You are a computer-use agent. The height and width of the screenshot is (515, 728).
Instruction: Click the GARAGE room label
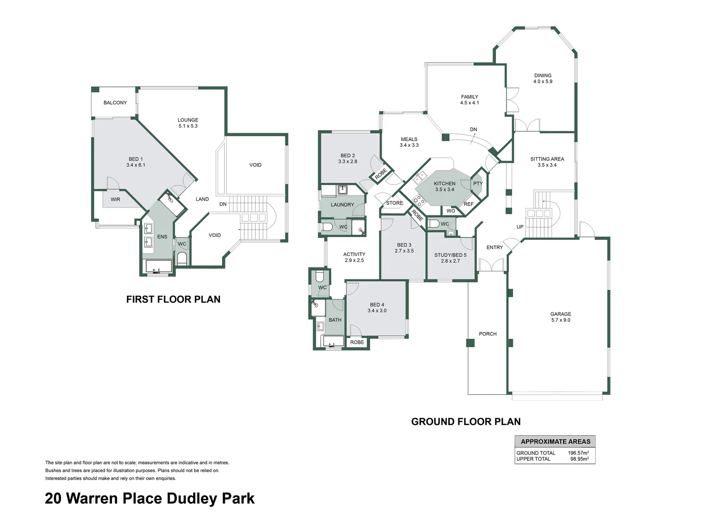point(560,314)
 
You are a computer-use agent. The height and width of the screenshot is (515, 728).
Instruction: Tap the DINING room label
point(543,75)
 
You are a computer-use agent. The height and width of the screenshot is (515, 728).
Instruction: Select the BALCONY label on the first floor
point(115,103)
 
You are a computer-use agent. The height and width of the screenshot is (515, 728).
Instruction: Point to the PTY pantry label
point(478,184)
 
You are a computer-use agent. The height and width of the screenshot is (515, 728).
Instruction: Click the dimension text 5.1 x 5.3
point(188,126)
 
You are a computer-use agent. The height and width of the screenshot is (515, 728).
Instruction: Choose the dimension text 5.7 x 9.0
point(560,320)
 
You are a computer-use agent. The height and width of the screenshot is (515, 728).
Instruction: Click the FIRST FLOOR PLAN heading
point(173,299)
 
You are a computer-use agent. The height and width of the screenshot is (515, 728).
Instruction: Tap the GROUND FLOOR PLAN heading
point(465,422)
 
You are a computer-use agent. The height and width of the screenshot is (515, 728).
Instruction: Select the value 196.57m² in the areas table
point(578,453)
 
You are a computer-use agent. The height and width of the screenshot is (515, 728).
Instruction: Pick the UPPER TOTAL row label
point(533,459)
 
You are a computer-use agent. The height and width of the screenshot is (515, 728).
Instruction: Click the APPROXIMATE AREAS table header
point(555,442)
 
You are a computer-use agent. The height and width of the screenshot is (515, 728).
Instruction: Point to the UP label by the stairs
point(520,227)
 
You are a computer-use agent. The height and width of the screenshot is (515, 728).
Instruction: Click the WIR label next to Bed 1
point(115,199)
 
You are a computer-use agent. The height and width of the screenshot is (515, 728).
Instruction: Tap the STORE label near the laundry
point(394,203)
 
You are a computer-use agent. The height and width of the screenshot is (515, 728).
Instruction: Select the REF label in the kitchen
point(468,204)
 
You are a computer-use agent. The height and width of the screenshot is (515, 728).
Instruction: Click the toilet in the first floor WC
point(182,258)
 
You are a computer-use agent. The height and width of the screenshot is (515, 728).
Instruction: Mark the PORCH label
point(487,334)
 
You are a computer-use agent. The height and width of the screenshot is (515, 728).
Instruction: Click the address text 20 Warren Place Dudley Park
point(150,498)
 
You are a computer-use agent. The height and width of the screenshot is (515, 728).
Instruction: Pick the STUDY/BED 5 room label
point(450,255)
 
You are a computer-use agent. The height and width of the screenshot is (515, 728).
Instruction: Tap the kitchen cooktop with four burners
point(418,200)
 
